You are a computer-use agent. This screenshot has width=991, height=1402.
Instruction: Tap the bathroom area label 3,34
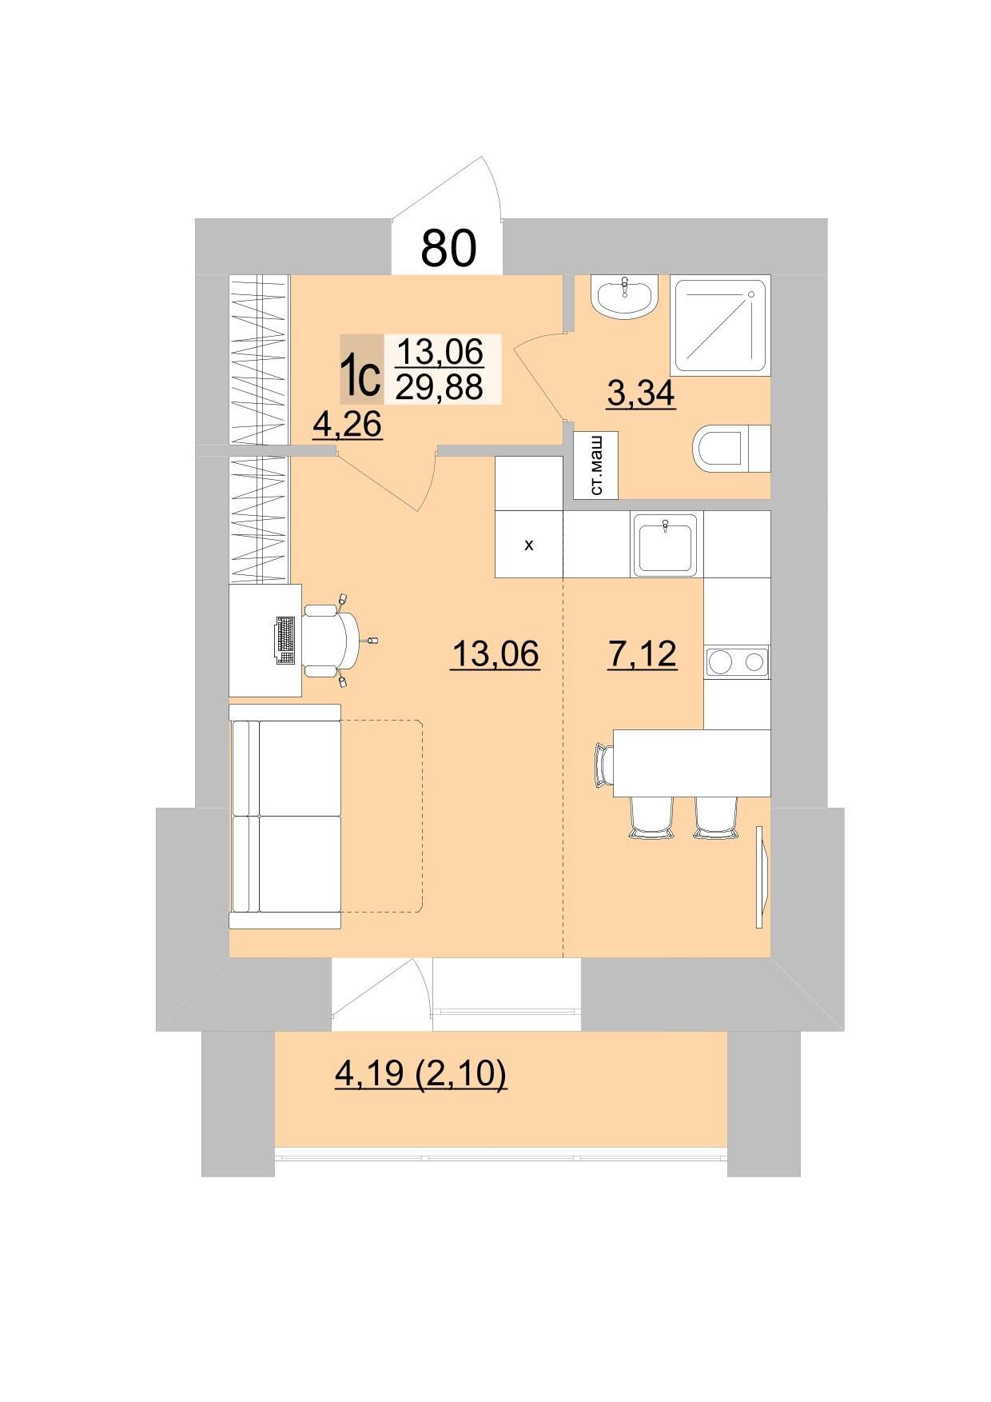coord(641,393)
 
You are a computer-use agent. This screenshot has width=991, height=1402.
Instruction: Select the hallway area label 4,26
coord(348,424)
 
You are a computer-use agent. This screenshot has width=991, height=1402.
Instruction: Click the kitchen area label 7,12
coord(643,654)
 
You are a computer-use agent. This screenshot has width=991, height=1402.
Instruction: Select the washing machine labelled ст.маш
coord(596,465)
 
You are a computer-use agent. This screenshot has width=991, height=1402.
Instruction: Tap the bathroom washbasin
coord(624,297)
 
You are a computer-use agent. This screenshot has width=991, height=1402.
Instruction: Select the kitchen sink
coord(666,545)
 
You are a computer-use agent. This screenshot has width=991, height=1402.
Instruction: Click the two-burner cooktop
coord(737,661)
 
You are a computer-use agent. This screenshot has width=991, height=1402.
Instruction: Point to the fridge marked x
coord(529,545)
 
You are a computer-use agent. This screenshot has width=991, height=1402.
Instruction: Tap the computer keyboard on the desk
coord(285,640)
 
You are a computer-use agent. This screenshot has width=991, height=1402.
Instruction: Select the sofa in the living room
coord(285,817)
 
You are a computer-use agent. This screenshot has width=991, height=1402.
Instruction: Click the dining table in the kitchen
coord(691,763)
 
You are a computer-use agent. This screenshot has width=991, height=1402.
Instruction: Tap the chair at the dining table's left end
coord(603,763)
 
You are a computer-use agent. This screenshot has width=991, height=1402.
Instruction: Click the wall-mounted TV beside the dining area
coord(762,877)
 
